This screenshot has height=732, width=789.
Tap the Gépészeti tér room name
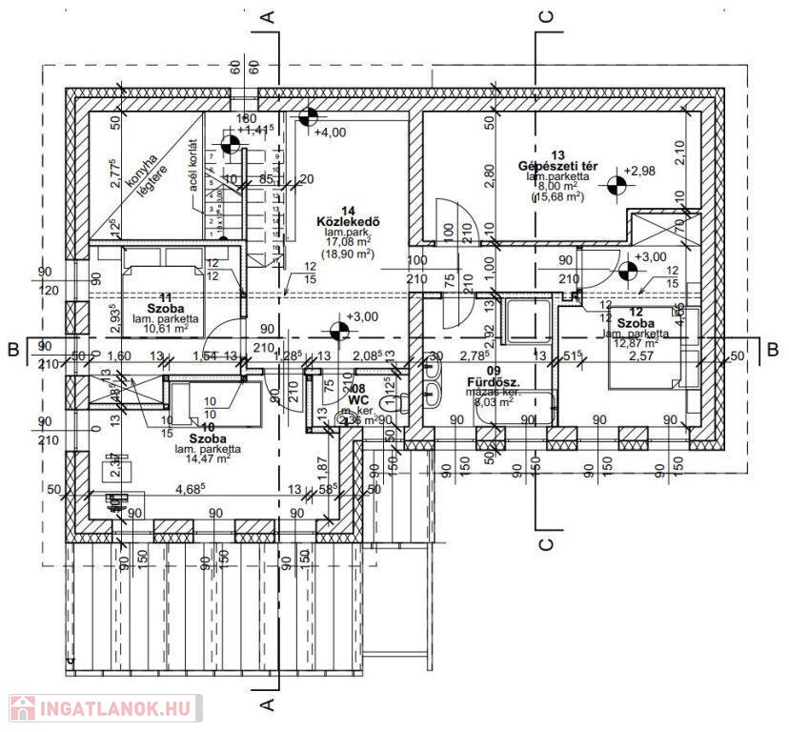(557, 166)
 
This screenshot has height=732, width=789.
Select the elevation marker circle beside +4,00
(307, 118)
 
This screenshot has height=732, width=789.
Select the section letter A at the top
(269, 15)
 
